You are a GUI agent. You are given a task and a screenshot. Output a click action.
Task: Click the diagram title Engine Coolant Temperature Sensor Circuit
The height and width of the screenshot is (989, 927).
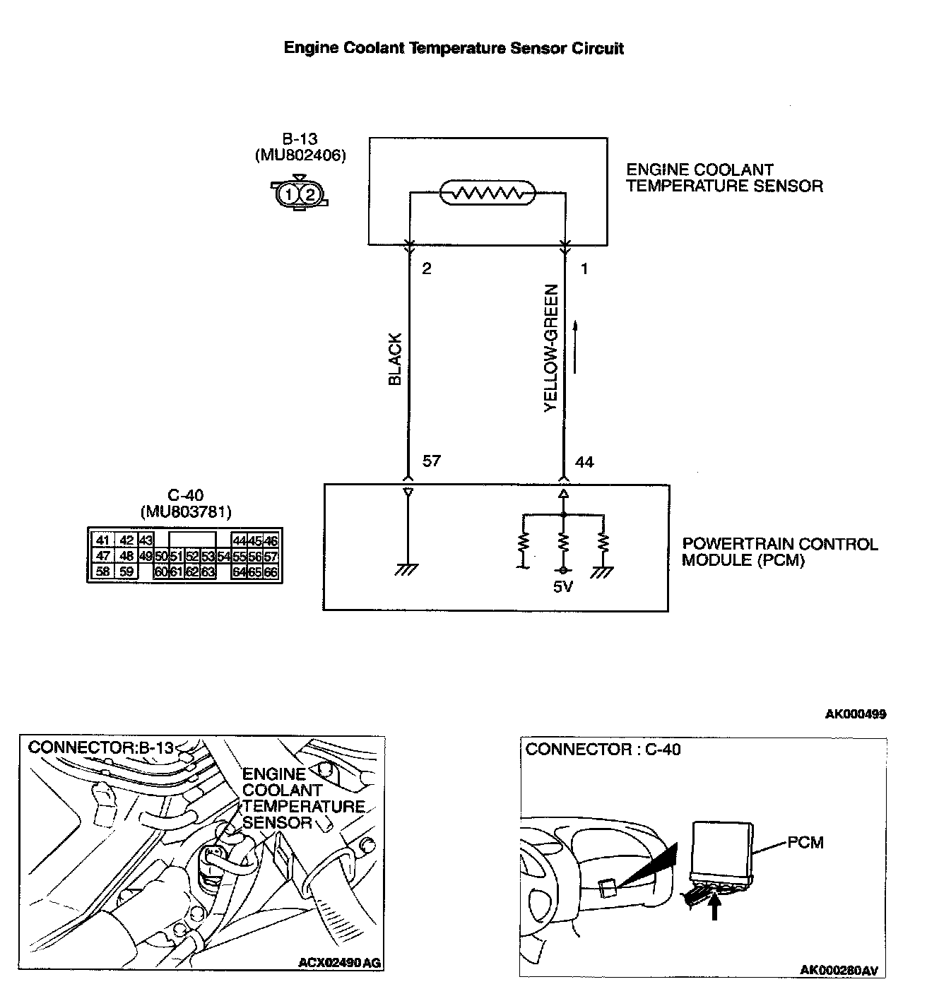coord(454,48)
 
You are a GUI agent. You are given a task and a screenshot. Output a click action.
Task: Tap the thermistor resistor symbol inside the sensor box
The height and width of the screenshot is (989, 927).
coord(488,192)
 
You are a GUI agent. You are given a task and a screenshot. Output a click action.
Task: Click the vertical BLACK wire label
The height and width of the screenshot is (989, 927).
coord(395,359)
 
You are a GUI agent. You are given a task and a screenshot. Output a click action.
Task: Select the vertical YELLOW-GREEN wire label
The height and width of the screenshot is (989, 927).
coord(551,348)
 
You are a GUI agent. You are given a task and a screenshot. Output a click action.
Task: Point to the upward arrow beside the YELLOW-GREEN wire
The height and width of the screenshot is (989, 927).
coord(576,346)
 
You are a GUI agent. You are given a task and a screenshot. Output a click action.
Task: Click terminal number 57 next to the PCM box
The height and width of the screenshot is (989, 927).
coord(431,461)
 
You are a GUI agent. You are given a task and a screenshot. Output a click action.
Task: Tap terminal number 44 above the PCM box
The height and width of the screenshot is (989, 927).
coord(584,463)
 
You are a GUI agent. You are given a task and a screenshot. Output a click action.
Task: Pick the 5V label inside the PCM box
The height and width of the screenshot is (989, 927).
coord(562,586)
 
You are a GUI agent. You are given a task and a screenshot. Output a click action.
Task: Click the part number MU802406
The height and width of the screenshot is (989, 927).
coord(300,155)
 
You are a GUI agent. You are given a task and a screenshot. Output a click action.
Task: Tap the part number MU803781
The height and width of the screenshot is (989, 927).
coord(186,511)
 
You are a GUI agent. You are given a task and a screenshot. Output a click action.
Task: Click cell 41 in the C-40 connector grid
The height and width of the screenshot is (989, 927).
coord(102,541)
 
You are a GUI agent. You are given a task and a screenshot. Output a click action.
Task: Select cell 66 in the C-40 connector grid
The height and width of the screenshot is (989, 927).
coord(271,572)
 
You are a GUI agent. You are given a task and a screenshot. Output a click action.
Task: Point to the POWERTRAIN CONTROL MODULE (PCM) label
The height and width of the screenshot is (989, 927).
coord(779,552)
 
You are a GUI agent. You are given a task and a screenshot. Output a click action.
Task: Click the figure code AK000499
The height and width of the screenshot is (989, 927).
coord(855,714)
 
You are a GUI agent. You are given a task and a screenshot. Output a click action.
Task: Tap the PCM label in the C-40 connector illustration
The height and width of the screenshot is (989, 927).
coord(805,842)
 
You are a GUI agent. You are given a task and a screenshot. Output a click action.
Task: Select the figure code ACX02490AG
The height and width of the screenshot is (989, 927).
coord(339,962)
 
